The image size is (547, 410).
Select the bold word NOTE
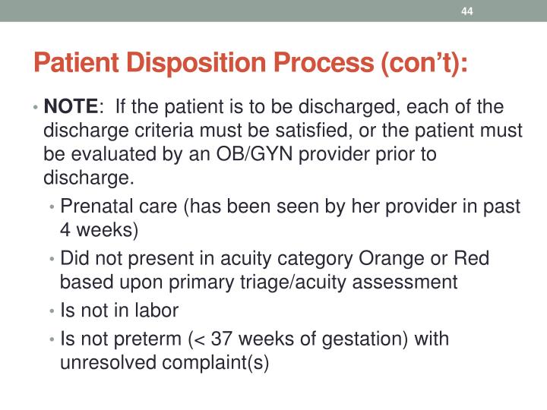pyautogui.click(x=71, y=107)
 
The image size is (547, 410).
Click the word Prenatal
pyautogui.click(x=92, y=205)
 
